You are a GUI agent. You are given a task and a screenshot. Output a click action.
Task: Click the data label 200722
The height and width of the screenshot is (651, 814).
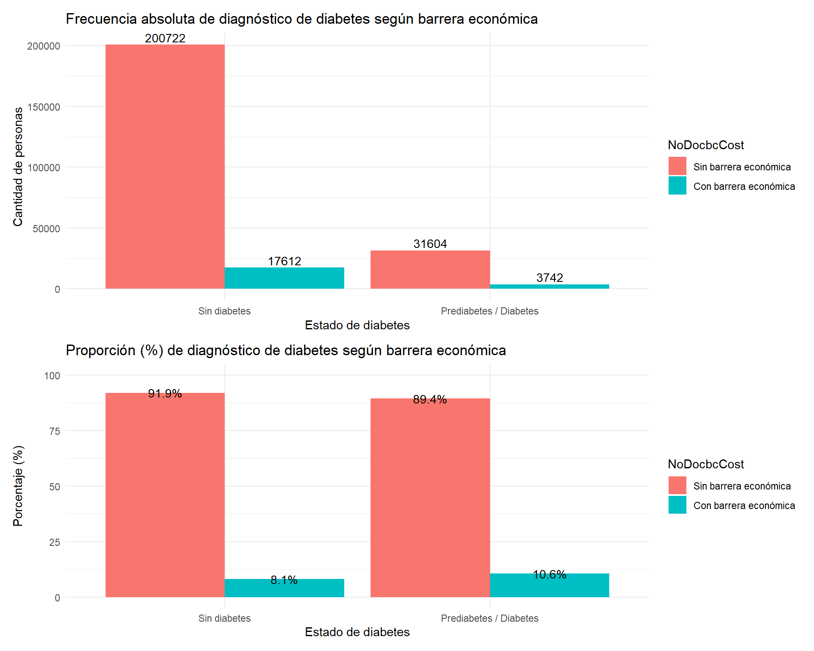(165, 38)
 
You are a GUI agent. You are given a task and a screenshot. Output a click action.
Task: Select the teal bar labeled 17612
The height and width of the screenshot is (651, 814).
(284, 278)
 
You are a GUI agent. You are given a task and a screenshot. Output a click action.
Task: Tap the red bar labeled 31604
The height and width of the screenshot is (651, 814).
(430, 270)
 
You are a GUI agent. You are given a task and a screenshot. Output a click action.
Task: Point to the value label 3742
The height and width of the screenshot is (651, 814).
(549, 278)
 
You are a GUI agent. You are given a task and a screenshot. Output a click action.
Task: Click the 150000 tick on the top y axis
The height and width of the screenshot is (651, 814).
(44, 107)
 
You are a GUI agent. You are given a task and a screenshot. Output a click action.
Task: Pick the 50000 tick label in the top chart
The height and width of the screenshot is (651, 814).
(46, 229)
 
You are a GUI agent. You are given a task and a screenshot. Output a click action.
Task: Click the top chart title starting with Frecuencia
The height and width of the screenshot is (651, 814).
(301, 19)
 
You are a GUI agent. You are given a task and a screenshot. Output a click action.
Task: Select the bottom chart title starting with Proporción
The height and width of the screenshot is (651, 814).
(286, 351)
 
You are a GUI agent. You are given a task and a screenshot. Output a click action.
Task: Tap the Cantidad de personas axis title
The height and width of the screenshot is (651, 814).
(18, 167)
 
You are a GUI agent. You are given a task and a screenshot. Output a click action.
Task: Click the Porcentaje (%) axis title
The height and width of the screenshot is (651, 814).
(18, 486)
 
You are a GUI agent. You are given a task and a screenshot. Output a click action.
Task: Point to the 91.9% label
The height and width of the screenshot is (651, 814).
(165, 394)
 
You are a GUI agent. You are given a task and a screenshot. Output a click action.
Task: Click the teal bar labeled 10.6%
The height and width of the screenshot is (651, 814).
(549, 586)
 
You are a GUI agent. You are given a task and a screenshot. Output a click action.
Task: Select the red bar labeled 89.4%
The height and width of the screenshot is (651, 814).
(430, 498)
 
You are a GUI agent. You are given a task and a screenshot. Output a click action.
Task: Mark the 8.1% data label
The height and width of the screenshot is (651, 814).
(284, 580)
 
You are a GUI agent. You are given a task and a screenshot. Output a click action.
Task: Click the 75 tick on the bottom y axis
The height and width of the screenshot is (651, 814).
(55, 431)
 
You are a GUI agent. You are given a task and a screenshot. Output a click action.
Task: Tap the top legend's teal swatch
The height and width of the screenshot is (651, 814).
(677, 186)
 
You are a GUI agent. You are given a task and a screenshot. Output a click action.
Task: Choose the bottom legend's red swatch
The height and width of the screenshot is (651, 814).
(677, 485)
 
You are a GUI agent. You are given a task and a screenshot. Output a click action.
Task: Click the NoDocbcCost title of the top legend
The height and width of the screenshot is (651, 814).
(705, 145)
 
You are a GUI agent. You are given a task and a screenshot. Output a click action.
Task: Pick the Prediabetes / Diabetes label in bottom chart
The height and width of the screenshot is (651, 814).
(490, 618)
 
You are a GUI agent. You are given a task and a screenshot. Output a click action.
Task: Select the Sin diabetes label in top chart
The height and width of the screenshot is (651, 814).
(224, 311)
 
